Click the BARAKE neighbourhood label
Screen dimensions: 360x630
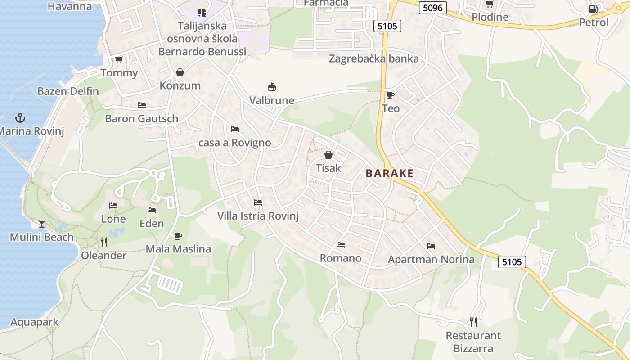(389, 174)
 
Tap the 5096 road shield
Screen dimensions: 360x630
(432, 8)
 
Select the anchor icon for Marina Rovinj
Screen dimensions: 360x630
(20, 118)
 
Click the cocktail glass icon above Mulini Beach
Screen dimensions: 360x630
(42, 223)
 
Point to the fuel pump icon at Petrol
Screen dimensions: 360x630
(593, 9)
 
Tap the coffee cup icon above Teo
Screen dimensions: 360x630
(390, 95)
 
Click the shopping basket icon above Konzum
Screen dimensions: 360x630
(180, 72)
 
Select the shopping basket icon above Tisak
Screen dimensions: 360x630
(328, 155)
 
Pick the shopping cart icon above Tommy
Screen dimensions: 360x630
(119, 60)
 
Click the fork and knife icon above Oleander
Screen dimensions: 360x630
(104, 242)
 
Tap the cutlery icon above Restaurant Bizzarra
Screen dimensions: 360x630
(473, 322)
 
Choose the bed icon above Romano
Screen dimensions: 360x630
(341, 245)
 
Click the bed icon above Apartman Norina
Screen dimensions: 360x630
(431, 246)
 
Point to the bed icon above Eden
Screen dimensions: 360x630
(152, 210)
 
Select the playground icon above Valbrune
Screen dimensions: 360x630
(271, 87)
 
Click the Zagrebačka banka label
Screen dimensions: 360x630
(374, 59)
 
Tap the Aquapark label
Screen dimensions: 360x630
(35, 322)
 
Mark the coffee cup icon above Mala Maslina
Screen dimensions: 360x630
(178, 236)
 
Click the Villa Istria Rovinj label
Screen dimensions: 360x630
(258, 216)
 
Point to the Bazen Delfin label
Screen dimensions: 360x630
(68, 91)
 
